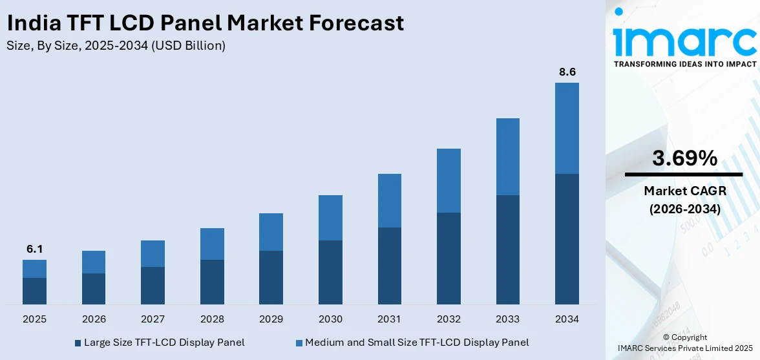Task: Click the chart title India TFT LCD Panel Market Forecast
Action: click(x=205, y=23)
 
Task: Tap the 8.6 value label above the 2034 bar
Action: click(x=567, y=72)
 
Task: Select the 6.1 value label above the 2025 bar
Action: click(x=34, y=249)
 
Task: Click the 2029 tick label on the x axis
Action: click(x=271, y=319)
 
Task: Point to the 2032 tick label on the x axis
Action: click(x=449, y=319)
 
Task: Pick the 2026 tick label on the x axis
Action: click(x=94, y=319)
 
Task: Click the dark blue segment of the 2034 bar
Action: click(x=567, y=238)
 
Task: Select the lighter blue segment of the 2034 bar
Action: click(x=567, y=128)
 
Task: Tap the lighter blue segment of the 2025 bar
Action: click(x=34, y=269)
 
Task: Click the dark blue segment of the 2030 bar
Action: click(x=330, y=272)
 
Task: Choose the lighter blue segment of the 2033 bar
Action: click(x=507, y=156)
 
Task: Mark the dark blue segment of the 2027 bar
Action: click(x=153, y=285)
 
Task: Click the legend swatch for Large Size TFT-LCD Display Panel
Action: click(x=78, y=343)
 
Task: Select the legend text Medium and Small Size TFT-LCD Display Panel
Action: click(x=417, y=343)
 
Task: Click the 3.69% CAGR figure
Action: click(x=684, y=158)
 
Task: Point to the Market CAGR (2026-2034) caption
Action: click(x=684, y=200)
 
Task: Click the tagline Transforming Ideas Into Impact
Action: click(x=684, y=64)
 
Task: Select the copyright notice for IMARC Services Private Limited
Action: click(x=684, y=343)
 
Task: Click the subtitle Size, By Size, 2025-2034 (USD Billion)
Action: click(x=116, y=45)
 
